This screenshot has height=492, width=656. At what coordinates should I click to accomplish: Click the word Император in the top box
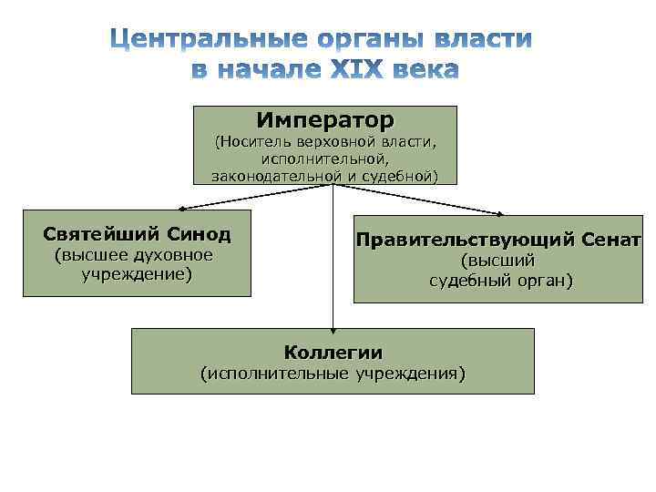coord(325,119)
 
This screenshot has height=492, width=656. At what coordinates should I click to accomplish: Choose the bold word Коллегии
coord(333,353)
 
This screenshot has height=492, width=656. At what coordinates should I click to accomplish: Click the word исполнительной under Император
coord(325,159)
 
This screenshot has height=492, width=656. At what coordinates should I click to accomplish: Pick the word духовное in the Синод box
coord(175,256)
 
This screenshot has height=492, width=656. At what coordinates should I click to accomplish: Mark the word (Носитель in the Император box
coord(253,142)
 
